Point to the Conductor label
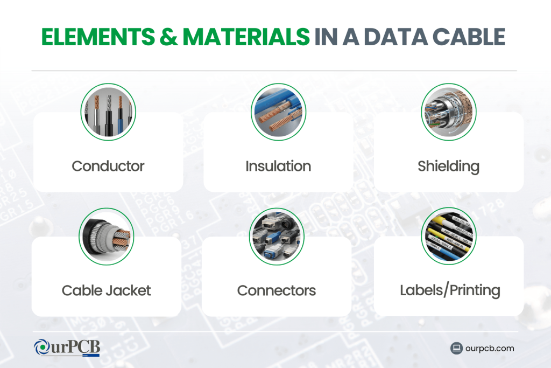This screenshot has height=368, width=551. (x=108, y=166)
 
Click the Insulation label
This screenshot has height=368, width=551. (x=278, y=166)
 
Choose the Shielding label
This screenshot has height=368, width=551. (x=448, y=166)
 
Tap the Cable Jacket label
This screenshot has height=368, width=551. (x=107, y=290)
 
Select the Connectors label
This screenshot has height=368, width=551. (x=277, y=290)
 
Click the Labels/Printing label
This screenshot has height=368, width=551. (x=450, y=290)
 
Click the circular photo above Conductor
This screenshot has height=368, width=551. (x=108, y=112)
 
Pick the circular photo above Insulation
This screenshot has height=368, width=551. (x=278, y=112)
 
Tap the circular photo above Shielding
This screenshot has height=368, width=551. (x=449, y=112)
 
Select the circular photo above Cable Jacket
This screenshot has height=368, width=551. (x=106, y=236)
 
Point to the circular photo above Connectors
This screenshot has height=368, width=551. (x=277, y=236)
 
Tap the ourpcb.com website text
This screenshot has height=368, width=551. (x=490, y=348)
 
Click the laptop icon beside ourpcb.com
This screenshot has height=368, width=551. (x=456, y=348)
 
